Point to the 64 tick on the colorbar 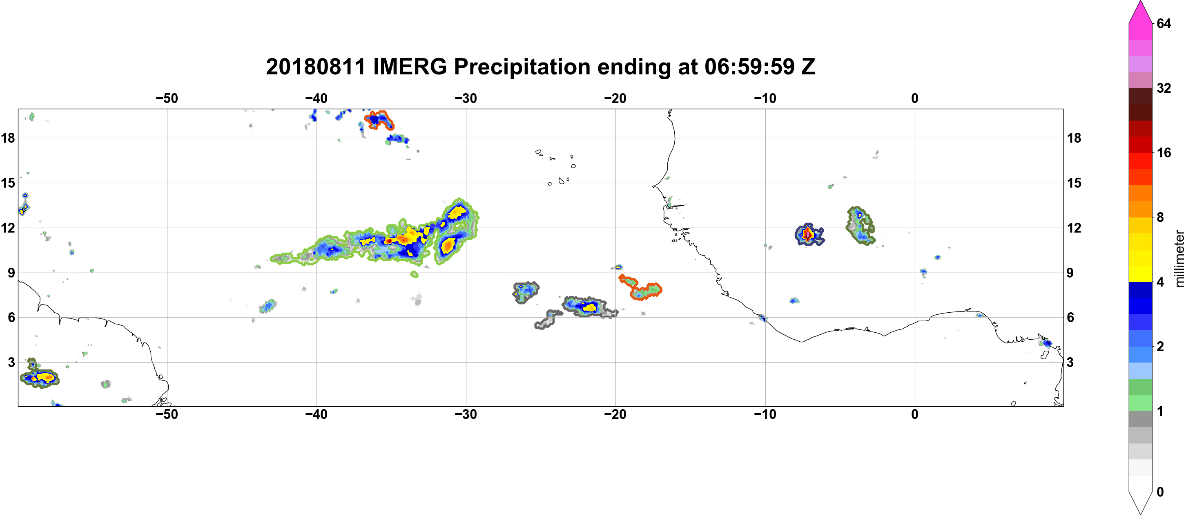[x=1164, y=23]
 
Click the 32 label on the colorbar [x=1164, y=88]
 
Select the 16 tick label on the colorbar [x=1164, y=152]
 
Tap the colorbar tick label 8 [x=1160, y=217]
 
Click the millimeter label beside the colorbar [x=1179, y=259]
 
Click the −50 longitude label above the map [x=167, y=98]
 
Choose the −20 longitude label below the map [x=615, y=414]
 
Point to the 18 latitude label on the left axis [x=8, y=138]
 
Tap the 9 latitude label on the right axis [x=1070, y=273]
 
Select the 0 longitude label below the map [x=915, y=414]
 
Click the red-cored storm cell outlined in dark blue [x=809, y=235]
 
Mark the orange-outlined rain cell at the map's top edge [x=379, y=120]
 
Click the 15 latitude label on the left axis [x=8, y=183]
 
